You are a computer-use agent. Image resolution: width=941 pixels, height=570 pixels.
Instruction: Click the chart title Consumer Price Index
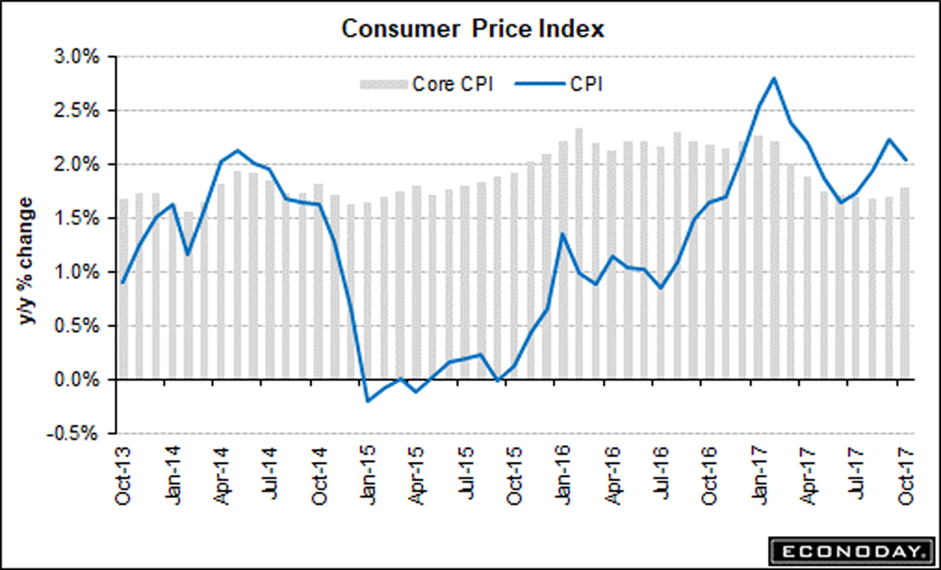click(x=473, y=29)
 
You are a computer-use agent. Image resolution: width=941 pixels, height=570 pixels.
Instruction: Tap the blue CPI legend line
click(x=538, y=84)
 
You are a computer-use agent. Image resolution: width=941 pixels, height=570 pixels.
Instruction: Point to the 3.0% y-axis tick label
click(x=76, y=57)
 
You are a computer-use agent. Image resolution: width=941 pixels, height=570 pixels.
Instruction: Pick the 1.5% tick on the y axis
click(x=76, y=219)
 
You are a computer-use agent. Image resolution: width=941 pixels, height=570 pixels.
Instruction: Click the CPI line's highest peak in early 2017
click(x=774, y=78)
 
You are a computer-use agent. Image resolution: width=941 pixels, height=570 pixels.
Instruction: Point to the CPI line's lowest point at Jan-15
click(x=367, y=401)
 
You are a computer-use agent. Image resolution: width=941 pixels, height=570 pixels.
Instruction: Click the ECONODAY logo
click(x=850, y=552)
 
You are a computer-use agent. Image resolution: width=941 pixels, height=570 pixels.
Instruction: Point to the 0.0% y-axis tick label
click(x=76, y=380)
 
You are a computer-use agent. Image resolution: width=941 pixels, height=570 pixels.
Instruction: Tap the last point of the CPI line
click(x=906, y=160)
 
